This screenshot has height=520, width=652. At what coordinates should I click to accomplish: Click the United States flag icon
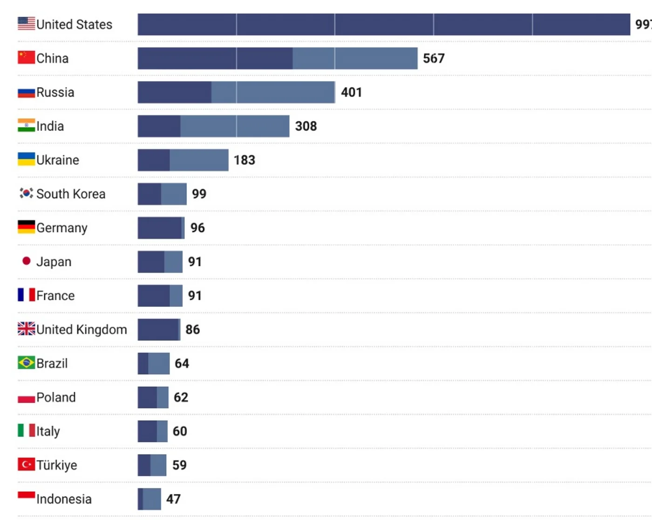tap(26, 23)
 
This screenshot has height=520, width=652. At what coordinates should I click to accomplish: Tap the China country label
tap(52, 58)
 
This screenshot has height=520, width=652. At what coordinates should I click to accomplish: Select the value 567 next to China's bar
tap(434, 58)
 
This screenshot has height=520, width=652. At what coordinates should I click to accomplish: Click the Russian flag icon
tap(26, 92)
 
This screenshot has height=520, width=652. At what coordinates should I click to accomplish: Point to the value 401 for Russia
tap(351, 92)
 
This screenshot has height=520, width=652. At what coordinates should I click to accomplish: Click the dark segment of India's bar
tap(159, 126)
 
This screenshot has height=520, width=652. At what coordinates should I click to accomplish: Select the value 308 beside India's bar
tap(306, 126)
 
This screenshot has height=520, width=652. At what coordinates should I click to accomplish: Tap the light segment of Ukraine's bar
tap(199, 160)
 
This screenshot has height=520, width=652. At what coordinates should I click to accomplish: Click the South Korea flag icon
tap(26, 193)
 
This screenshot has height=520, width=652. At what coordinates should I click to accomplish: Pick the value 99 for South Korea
tap(199, 194)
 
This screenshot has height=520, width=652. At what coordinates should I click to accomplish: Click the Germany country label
tap(61, 228)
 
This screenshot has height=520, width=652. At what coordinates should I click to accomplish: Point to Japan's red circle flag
tap(27, 261)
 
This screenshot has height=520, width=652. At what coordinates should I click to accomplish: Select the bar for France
tap(160, 296)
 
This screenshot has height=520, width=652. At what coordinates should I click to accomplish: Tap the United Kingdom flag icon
tap(26, 329)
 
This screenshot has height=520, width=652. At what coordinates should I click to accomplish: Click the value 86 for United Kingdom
tap(192, 330)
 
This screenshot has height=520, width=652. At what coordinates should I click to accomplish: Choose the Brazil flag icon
tap(26, 362)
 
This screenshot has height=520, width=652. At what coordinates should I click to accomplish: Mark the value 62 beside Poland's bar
tap(181, 397)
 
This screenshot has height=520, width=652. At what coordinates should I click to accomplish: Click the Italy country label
tap(48, 431)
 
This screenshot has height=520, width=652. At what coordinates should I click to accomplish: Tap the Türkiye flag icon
tap(26, 465)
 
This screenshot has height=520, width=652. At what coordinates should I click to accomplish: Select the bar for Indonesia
tap(149, 499)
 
